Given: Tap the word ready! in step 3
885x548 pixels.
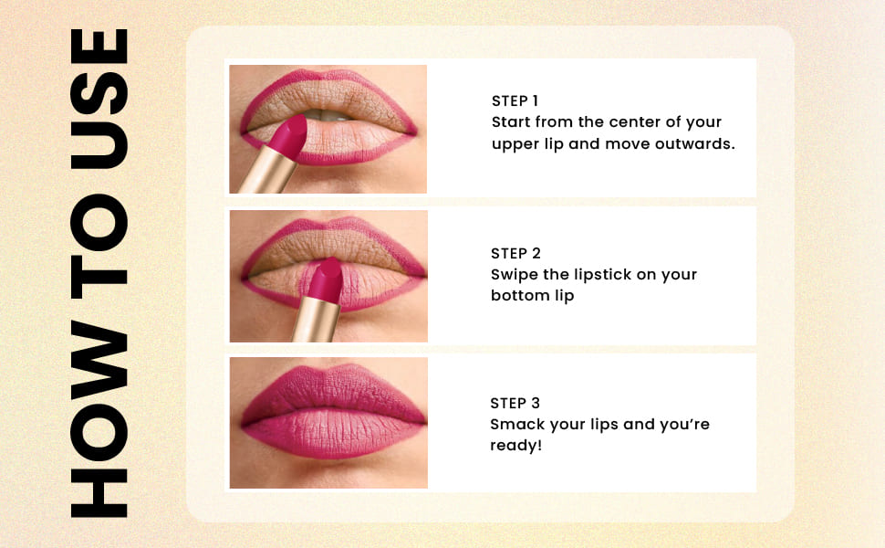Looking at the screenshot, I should click(515, 446).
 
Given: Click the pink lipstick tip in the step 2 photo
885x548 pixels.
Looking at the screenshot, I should click(323, 279).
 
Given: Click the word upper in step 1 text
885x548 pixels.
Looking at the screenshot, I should click(515, 144).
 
